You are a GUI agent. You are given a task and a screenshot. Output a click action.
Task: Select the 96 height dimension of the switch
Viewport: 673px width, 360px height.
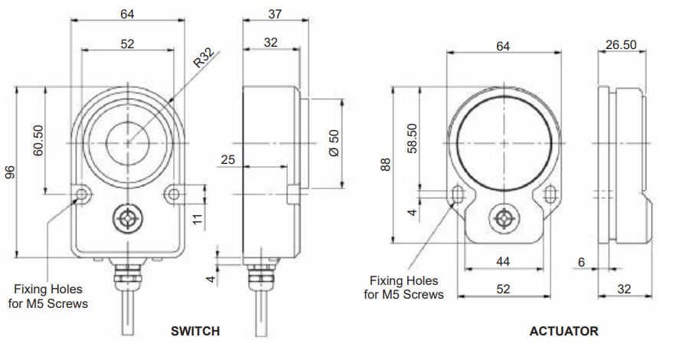(10, 173)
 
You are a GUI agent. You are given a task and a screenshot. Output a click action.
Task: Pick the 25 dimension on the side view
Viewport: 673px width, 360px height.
(227, 159)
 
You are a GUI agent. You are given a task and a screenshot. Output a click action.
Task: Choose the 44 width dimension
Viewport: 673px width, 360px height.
(502, 262)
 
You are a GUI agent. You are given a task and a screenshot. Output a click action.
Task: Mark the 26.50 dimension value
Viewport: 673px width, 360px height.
(621, 45)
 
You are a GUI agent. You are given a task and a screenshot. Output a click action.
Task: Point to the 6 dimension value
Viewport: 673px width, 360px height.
(581, 262)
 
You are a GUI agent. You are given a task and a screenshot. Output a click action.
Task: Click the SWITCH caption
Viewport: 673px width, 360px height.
(194, 332)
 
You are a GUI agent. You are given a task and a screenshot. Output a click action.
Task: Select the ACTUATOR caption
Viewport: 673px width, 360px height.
(564, 332)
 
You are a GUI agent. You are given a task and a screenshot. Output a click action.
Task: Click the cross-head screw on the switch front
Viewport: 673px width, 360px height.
(127, 220)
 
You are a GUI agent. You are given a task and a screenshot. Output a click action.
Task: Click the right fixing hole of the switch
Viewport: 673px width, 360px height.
(174, 193)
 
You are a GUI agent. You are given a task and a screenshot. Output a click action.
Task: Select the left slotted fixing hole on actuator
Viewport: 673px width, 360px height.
(457, 195)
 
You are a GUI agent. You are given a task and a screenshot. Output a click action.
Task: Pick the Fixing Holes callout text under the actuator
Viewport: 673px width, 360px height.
(403, 287)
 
